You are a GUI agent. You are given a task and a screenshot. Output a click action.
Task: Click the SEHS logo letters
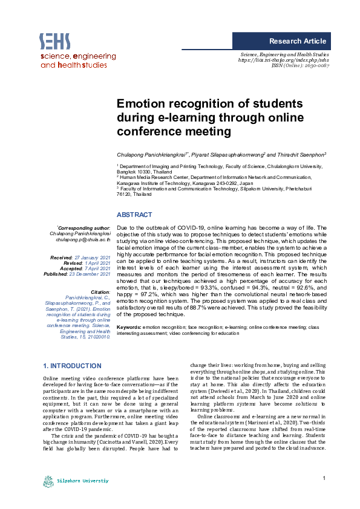pos(55,41)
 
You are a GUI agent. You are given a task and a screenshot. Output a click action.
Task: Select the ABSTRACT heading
pos(134,215)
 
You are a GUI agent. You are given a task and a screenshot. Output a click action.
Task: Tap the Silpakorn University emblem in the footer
pos(48,482)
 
